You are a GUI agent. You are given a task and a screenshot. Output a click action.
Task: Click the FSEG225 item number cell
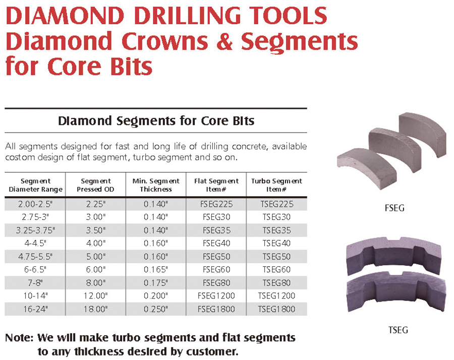(x=216, y=204)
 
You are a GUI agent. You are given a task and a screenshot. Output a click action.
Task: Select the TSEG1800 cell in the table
(x=276, y=309)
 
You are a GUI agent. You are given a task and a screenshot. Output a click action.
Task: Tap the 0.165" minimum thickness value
(x=156, y=269)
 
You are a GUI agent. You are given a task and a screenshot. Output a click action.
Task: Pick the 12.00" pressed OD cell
(x=95, y=296)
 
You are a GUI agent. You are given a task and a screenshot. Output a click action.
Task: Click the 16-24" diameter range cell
(x=35, y=309)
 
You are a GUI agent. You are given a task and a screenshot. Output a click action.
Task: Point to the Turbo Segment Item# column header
(x=276, y=185)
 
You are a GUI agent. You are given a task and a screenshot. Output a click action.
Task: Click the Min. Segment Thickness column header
(x=156, y=185)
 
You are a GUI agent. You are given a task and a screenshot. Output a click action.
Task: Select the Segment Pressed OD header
(x=95, y=185)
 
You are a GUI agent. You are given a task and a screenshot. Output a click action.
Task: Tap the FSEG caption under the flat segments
(x=394, y=208)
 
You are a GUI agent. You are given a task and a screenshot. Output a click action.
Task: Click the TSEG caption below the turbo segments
(x=398, y=330)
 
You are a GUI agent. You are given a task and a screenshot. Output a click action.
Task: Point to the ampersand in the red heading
(x=224, y=41)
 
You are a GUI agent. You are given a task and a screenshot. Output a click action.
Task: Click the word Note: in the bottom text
(x=19, y=338)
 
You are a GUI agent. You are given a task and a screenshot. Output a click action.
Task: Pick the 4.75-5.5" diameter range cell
(x=35, y=257)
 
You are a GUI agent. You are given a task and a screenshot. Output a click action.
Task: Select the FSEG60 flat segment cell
(x=216, y=269)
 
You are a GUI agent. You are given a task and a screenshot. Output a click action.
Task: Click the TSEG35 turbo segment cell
(x=276, y=230)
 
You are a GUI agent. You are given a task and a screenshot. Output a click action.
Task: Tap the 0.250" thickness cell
(x=156, y=309)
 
